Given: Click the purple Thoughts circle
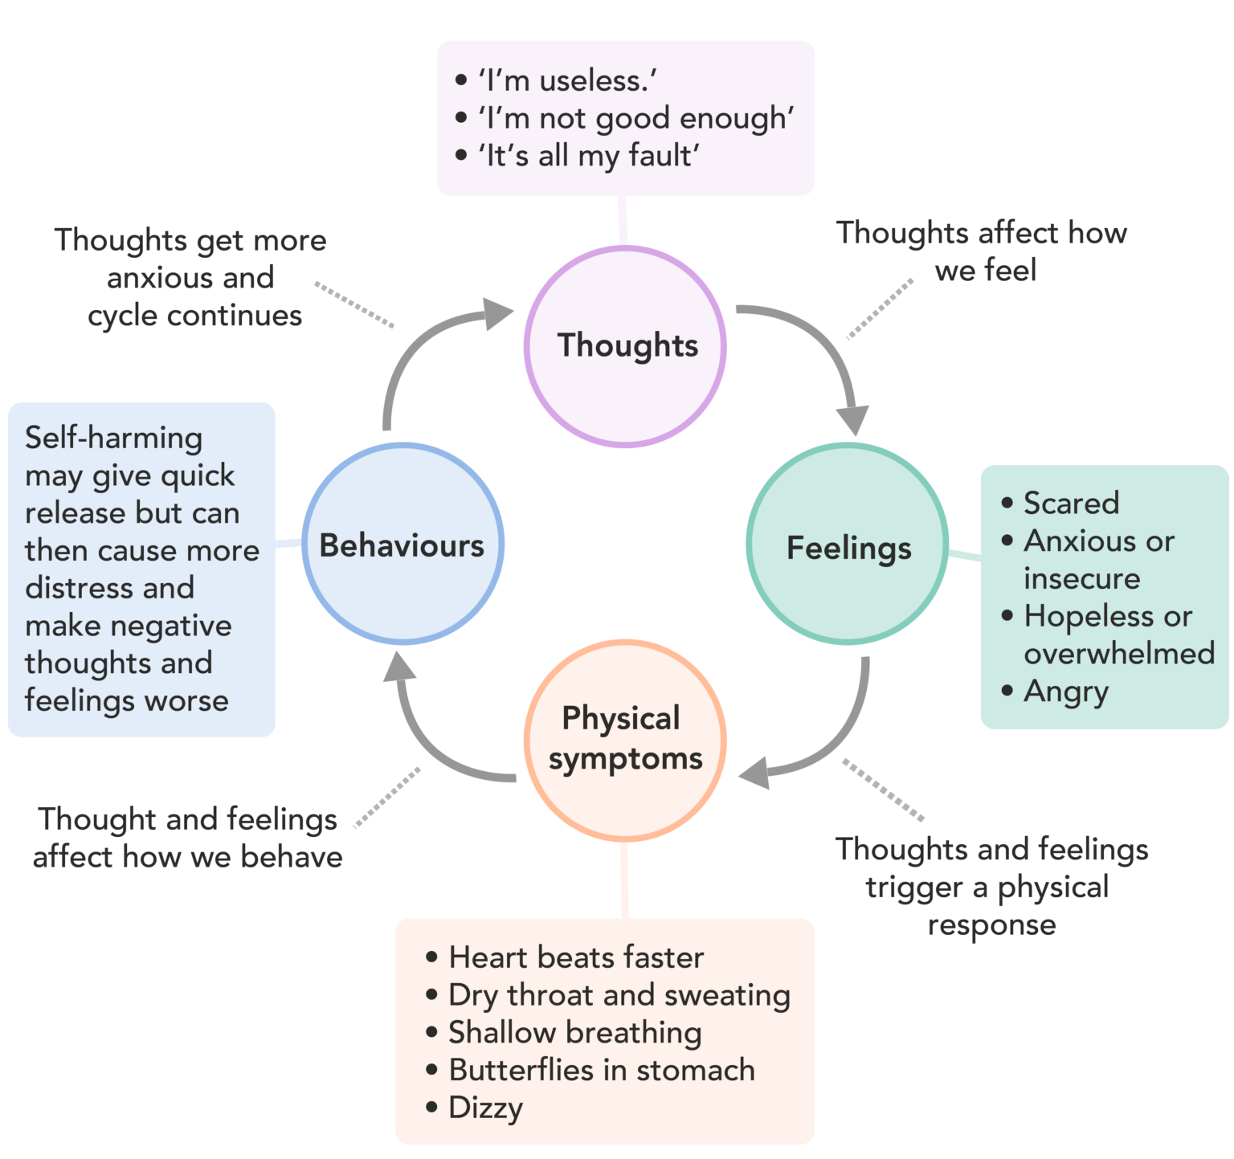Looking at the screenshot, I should [x=625, y=346].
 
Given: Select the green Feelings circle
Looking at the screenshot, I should [x=848, y=545].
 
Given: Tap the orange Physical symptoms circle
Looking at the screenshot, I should [x=625, y=740].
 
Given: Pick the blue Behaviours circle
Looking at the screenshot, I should [x=402, y=544].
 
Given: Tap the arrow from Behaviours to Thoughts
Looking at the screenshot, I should [x=418, y=345].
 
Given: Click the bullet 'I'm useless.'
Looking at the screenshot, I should [x=567, y=80].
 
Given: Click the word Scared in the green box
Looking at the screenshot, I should [x=1071, y=503].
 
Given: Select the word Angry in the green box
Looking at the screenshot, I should [x=1066, y=692].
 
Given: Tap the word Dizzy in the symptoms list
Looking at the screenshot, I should [x=485, y=1108].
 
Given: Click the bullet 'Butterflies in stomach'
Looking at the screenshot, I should [x=602, y=1070].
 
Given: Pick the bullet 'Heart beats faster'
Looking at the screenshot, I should [x=576, y=957].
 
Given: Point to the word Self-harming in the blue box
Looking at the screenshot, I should [x=113, y=438].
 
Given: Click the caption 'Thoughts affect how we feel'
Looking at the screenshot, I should [x=982, y=251].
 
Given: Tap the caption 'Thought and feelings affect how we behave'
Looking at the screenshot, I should [x=188, y=838].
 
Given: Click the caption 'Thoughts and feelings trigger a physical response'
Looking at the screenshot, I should [x=991, y=887].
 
